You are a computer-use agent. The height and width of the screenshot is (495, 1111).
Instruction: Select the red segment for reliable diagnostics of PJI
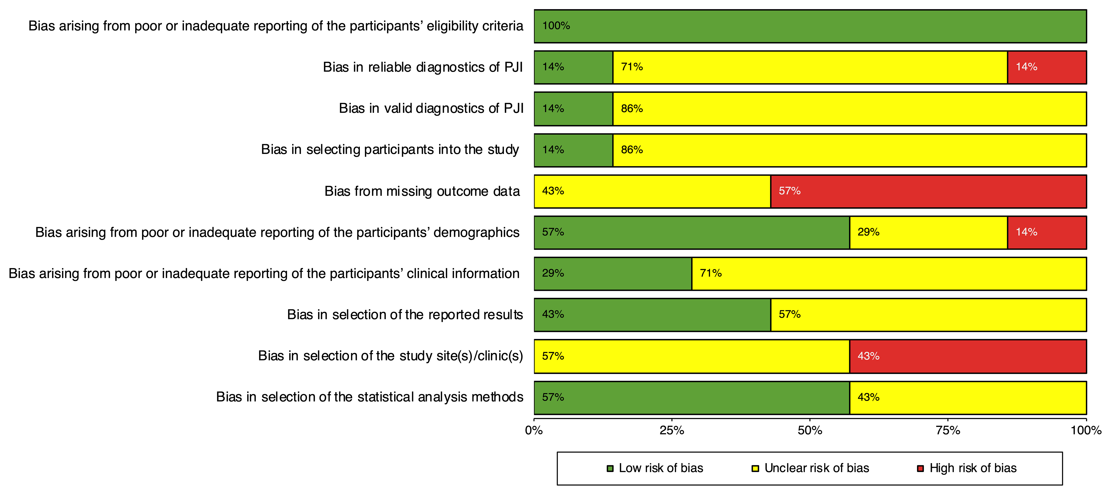[x=1047, y=67]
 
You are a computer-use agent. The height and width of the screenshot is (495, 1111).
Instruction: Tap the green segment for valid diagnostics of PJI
[x=573, y=109]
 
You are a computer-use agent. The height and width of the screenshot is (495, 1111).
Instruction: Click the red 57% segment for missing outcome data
[x=928, y=191]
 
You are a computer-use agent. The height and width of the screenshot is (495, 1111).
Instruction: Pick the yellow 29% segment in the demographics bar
[x=928, y=233]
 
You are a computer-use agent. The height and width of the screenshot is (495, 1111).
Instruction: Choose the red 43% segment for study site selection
[x=968, y=356]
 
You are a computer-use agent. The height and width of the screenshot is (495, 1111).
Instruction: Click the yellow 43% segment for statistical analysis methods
[x=968, y=397]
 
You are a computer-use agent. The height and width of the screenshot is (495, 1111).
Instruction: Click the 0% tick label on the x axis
[x=534, y=430]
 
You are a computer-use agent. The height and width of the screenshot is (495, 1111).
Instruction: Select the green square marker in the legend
[x=610, y=468]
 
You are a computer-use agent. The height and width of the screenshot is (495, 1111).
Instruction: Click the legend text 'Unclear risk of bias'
[x=816, y=468]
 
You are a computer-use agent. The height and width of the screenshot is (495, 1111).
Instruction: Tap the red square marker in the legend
[x=920, y=468]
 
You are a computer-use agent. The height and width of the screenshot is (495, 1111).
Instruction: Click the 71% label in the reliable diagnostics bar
[x=632, y=67]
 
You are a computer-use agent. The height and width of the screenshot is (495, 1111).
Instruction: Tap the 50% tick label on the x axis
[x=810, y=430]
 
